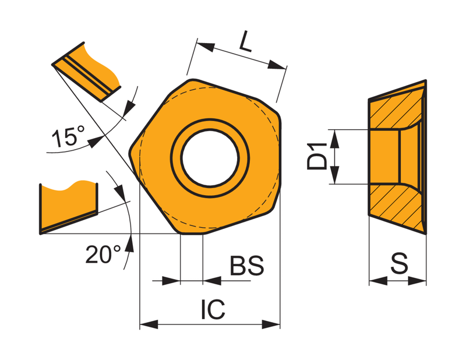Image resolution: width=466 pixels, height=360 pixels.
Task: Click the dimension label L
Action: point(246,41)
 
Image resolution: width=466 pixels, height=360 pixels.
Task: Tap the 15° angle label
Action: point(68,136)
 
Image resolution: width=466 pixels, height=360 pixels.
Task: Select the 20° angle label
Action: point(103,254)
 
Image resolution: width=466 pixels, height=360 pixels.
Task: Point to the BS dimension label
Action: point(247,265)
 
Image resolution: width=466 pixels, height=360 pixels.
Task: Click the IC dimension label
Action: point(213,309)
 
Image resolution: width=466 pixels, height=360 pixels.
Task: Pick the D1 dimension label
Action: point(317,156)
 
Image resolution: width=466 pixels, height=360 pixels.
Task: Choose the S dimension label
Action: point(399,263)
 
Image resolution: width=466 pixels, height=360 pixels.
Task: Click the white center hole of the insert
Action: point(210,158)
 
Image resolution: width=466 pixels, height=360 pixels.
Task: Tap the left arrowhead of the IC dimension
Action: point(149,324)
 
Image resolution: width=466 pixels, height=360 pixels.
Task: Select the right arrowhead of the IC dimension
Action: point(271,324)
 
